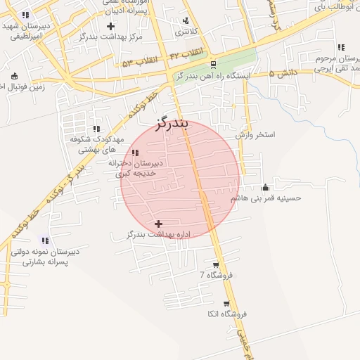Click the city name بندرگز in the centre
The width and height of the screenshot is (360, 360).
pyautogui.click(x=172, y=125)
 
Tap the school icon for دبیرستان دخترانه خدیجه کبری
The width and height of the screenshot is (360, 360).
pyautogui.click(x=135, y=153)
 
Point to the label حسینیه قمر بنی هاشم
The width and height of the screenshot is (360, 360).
pyautogui.click(x=266, y=198)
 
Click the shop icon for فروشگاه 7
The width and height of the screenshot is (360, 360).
pyautogui.click(x=215, y=265)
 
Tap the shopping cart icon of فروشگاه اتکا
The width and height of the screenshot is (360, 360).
pyautogui.click(x=226, y=304)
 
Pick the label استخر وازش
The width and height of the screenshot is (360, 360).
pyautogui.click(x=255, y=134)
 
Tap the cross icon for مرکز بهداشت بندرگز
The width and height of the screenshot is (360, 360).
pyautogui.click(x=110, y=26)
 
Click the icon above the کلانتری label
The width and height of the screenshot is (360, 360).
pyautogui.click(x=186, y=20)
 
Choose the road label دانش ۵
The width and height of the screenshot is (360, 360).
pyautogui.click(x=283, y=72)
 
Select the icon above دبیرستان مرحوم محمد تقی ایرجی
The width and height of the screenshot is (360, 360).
pyautogui.click(x=341, y=48)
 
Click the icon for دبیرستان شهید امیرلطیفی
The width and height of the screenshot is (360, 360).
pyautogui.click(x=25, y=15)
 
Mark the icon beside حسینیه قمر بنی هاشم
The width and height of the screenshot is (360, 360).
pyautogui.click(x=265, y=187)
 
